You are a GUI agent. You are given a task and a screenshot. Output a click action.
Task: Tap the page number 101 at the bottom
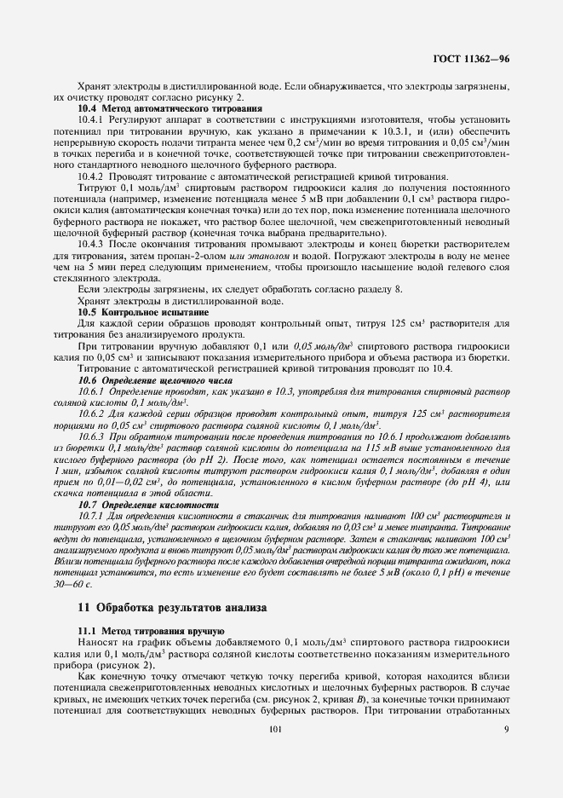click(274, 729)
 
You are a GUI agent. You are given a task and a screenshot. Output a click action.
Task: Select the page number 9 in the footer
click(506, 729)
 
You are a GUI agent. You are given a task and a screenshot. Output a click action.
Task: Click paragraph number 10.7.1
click(93, 517)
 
